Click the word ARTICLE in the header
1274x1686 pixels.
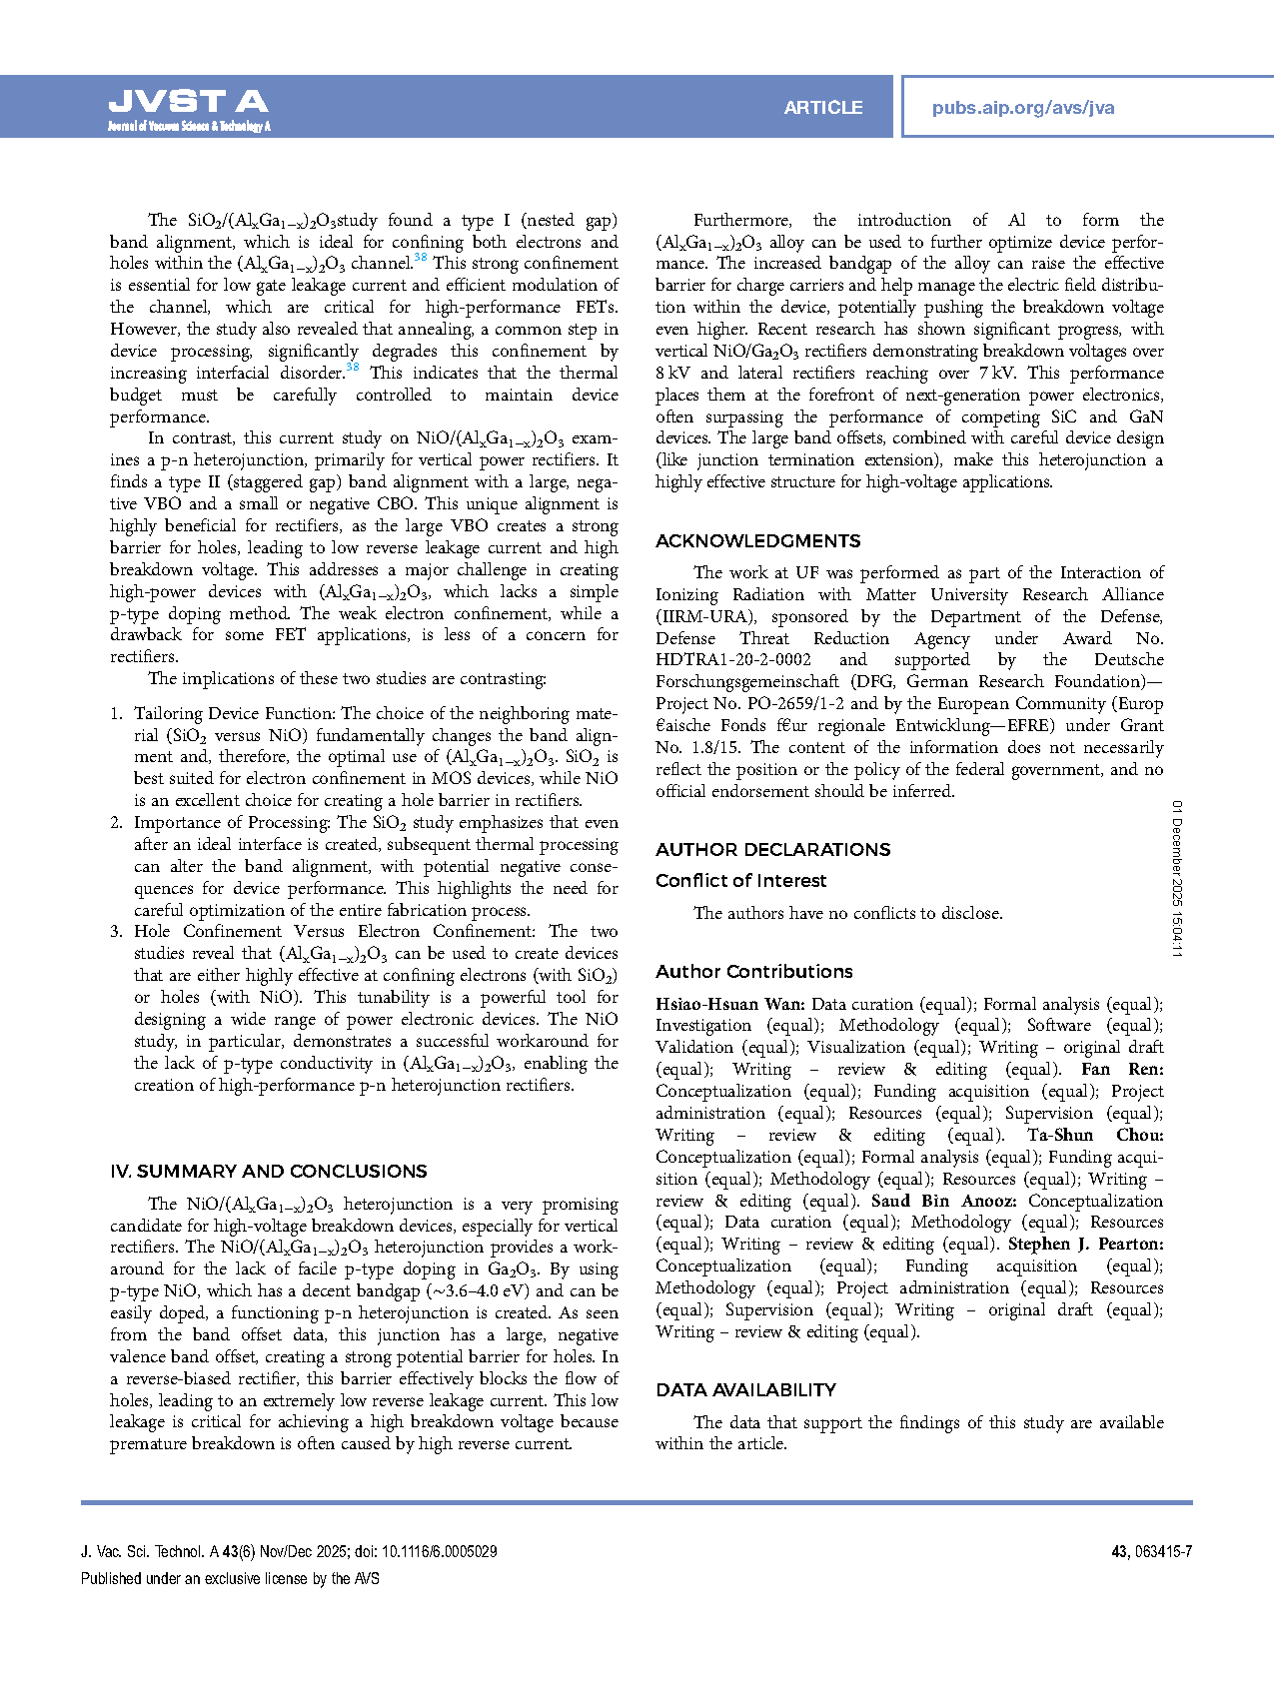[x=822, y=108]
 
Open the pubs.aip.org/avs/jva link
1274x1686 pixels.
[x=1022, y=108]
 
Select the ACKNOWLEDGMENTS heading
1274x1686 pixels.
[x=757, y=541]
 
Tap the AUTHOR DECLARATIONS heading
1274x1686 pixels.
[x=772, y=850]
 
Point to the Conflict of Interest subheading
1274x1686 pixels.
[x=740, y=881]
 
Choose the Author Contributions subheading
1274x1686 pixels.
[x=753, y=972]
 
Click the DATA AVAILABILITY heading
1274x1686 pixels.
[x=745, y=1390]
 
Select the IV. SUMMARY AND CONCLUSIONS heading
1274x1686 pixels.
[x=268, y=1172]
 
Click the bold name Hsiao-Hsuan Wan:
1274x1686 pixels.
[x=729, y=1004]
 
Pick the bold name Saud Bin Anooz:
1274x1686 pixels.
[x=944, y=1201]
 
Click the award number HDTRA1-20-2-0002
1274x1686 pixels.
[x=732, y=660]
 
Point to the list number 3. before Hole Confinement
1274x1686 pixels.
[x=116, y=932]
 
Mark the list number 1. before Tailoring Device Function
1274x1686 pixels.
[x=116, y=714]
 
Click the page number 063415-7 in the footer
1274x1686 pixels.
[x=1163, y=1552]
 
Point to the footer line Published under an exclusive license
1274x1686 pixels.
[x=230, y=1579]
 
